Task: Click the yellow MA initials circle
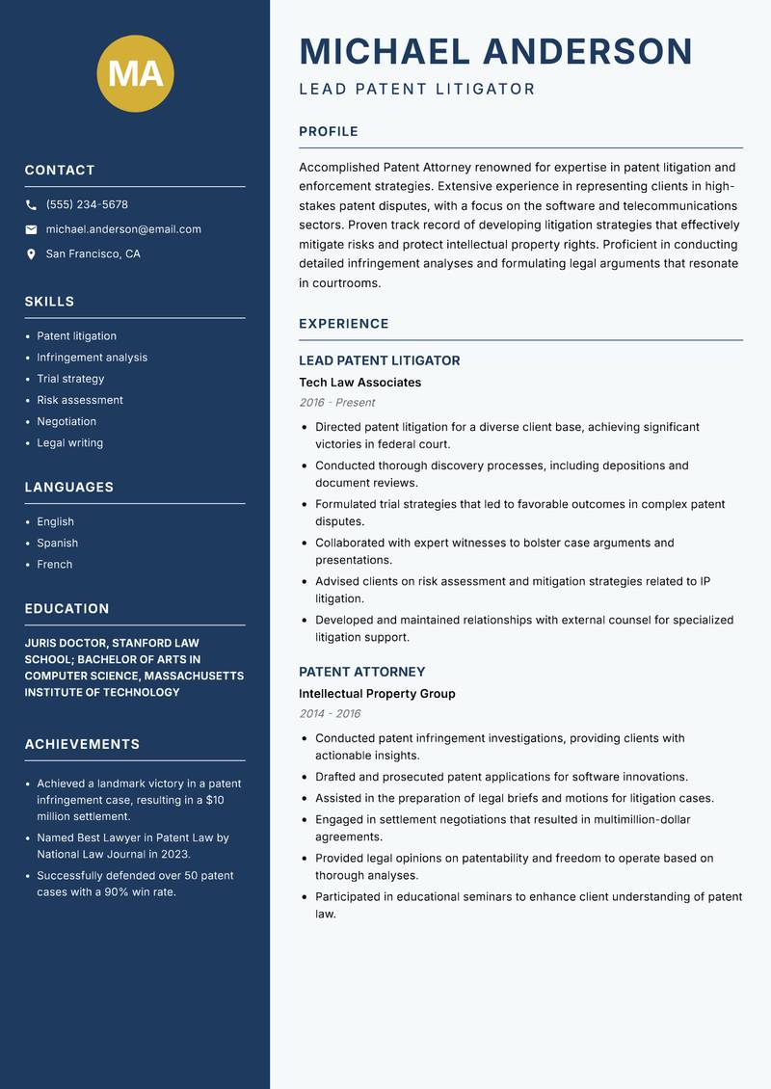136,73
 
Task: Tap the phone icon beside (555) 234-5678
32,205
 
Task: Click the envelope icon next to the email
32,229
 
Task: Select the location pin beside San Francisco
32,254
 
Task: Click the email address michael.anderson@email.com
123,229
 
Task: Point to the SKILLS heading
49,302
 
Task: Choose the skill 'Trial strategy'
70,379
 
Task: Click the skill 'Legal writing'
69,443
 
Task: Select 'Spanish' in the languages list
57,544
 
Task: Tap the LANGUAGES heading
69,488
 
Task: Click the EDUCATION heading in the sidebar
66,609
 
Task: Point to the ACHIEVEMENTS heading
82,744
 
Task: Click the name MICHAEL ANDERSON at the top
496,51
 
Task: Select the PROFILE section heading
329,132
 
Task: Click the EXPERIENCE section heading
344,324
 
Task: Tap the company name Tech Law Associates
360,383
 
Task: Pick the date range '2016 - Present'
336,403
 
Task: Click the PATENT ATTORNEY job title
361,672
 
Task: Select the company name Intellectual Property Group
377,694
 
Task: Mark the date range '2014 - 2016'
330,714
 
